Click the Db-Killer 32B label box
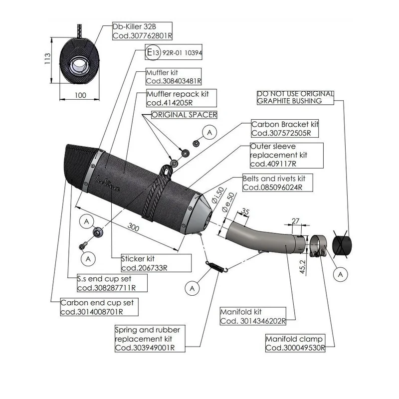(142, 31)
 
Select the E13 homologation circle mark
(153, 53)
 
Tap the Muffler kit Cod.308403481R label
(174, 77)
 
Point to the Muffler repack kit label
(182, 98)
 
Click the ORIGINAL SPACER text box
(184, 115)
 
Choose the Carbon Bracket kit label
(285, 129)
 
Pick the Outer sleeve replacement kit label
(286, 155)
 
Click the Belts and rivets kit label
(278, 183)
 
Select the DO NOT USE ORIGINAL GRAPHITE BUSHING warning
(295, 97)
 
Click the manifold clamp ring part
(318, 246)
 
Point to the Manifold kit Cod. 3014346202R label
(253, 316)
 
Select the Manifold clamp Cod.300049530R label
(295, 343)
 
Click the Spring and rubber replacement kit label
(150, 339)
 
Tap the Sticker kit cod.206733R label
(156, 263)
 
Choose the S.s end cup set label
(112, 283)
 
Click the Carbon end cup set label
(99, 307)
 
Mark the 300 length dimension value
(133, 227)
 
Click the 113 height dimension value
(47, 58)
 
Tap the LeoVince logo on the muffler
(107, 184)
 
